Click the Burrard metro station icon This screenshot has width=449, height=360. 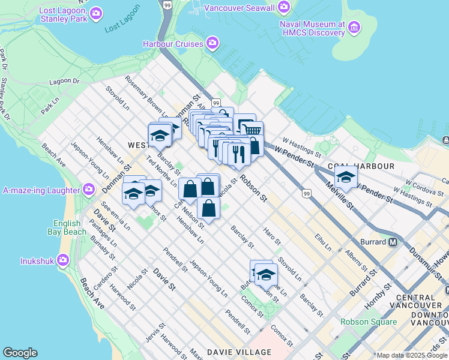point(393,242)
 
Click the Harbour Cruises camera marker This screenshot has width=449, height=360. point(212,43)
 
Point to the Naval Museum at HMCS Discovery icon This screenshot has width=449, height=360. point(354,28)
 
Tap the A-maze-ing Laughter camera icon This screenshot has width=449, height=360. point(89,190)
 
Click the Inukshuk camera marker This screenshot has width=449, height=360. point(64,260)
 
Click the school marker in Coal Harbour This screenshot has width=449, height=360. point(346,176)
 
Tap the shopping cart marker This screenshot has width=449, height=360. point(253,129)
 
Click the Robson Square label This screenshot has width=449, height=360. point(369,322)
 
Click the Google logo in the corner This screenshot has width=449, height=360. point(20,353)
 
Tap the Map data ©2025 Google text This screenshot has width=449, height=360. point(411,355)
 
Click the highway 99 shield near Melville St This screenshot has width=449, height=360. point(307,193)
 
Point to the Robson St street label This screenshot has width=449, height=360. point(252,188)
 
